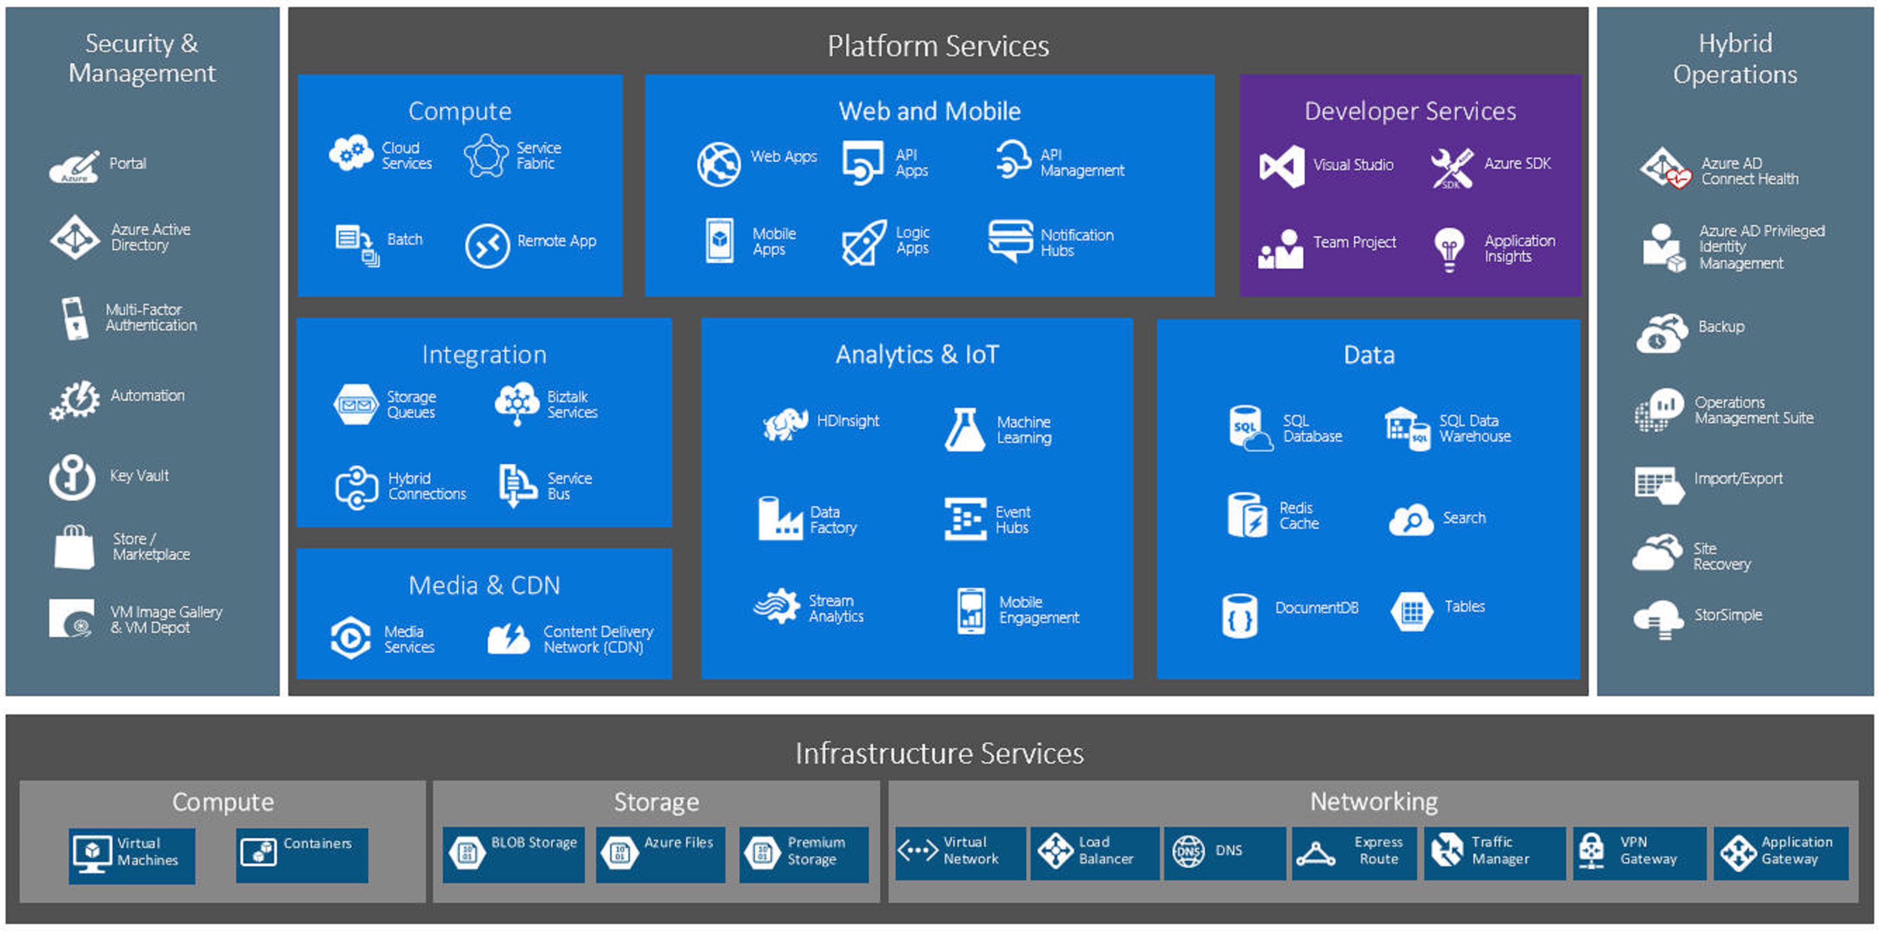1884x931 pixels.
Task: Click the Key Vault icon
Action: coord(72,476)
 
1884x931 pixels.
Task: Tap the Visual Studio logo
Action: coord(1281,166)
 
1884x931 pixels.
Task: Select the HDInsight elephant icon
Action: coord(785,423)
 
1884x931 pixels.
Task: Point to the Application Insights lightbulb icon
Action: coord(1449,248)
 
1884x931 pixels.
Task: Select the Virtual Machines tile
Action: coord(132,854)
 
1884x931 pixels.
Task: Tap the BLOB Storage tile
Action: coord(514,853)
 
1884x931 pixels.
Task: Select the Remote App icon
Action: coord(487,246)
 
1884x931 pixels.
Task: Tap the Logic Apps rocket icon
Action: coord(864,242)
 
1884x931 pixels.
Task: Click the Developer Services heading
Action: coord(1410,111)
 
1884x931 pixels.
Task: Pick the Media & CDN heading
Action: coord(484,585)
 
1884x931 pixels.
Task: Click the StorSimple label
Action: coord(1727,615)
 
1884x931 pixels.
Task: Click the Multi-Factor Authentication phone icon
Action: coord(74,318)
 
